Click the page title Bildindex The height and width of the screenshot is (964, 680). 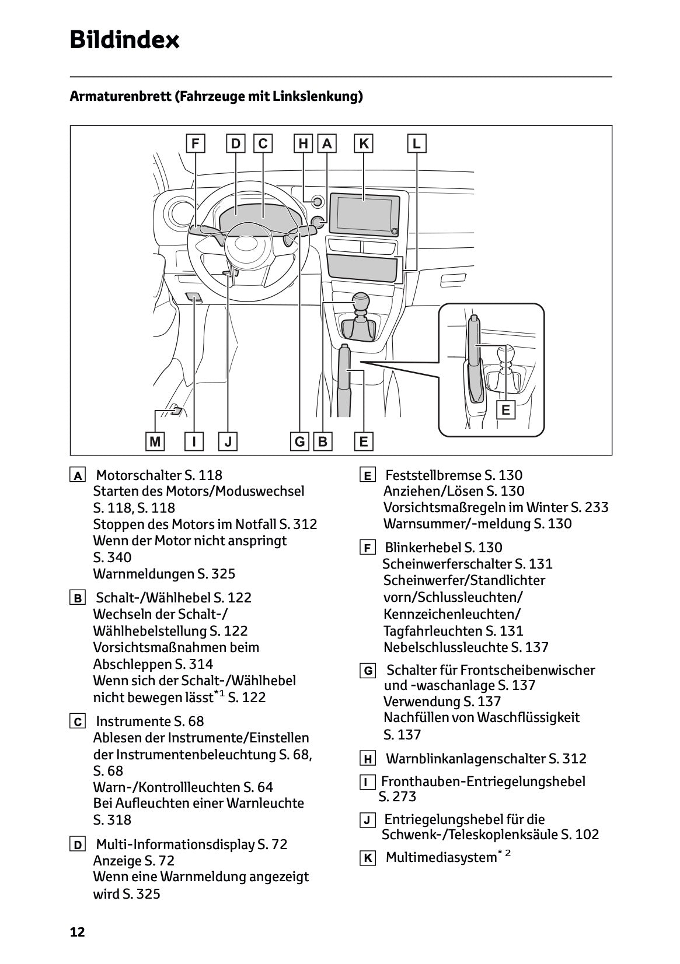click(x=124, y=40)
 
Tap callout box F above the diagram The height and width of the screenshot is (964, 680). click(x=195, y=143)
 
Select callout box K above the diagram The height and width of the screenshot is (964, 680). click(x=364, y=143)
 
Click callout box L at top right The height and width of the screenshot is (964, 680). click(x=416, y=143)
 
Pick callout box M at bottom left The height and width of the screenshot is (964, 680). click(x=155, y=441)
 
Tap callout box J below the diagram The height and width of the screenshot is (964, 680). click(x=228, y=441)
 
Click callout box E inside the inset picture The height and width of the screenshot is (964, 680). click(x=505, y=410)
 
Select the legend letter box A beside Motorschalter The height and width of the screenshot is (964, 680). click(x=77, y=475)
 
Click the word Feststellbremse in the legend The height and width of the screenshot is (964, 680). click(x=433, y=475)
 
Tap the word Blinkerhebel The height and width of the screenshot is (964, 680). click(x=423, y=548)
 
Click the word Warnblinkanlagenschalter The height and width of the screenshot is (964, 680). click(x=466, y=759)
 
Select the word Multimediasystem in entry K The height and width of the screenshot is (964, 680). click(x=441, y=857)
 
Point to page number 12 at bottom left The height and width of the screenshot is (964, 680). click(x=77, y=932)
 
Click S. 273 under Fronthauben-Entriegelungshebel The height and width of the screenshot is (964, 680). click(x=397, y=797)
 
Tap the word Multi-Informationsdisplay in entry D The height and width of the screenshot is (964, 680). click(x=175, y=844)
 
